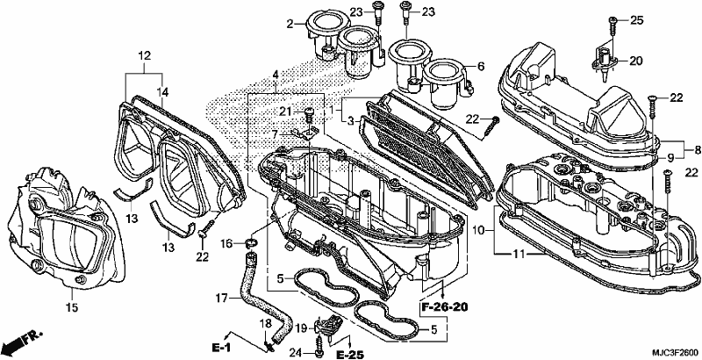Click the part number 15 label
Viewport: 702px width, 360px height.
pos(72,307)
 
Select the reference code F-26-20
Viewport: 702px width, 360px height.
pos(444,307)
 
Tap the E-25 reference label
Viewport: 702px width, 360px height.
pos(349,355)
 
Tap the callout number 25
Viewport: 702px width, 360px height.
pos(636,19)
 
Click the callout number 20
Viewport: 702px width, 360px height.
pos(635,61)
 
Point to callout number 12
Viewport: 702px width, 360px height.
pos(144,56)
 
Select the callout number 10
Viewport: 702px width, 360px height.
pos(478,231)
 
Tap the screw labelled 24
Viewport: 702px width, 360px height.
pos(319,348)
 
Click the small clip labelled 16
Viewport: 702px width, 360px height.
pos(252,244)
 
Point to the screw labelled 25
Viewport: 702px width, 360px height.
pos(612,26)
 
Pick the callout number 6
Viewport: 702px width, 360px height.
pos(481,66)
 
